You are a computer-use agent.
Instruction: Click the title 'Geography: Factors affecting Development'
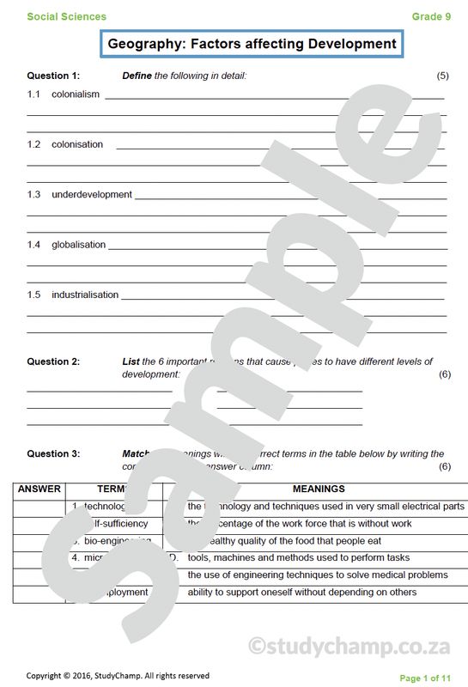(x=252, y=44)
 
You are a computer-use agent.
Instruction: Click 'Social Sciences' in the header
(x=67, y=16)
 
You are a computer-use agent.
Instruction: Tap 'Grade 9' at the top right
(x=431, y=16)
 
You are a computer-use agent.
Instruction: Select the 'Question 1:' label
(x=53, y=76)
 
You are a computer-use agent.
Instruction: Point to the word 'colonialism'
(x=76, y=94)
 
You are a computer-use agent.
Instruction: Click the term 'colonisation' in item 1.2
(x=77, y=144)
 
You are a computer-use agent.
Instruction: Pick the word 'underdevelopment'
(x=92, y=194)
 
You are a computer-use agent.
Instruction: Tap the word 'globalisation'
(x=79, y=245)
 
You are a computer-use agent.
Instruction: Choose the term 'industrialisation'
(x=85, y=295)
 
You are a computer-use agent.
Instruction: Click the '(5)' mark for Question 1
(x=443, y=76)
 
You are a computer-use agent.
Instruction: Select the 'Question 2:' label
(x=53, y=362)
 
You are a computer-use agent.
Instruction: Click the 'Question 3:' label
(x=53, y=453)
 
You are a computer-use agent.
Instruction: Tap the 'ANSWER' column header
(x=39, y=489)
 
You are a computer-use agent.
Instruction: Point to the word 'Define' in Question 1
(x=137, y=76)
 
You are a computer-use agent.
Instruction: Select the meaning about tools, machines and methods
(x=299, y=557)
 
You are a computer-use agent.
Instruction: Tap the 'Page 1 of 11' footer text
(x=425, y=678)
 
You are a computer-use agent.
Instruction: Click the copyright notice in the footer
(x=118, y=676)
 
